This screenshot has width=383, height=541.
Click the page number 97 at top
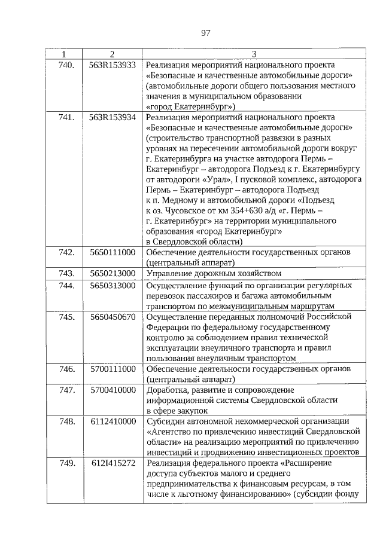tap(205, 32)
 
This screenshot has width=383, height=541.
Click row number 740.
tap(66, 65)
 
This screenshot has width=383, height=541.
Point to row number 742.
tap(66, 252)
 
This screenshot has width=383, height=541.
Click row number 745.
tap(66, 316)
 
